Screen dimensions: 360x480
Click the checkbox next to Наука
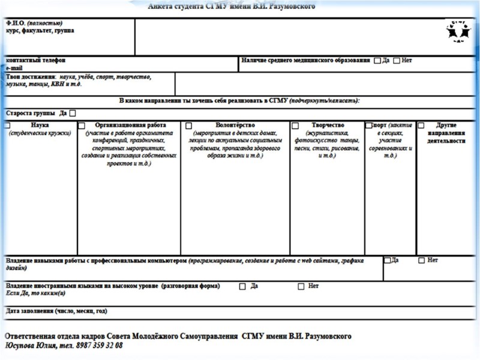point(7,125)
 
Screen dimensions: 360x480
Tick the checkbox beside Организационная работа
point(82,125)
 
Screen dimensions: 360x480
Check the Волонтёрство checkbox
point(188,125)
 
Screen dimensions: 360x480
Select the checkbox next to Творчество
point(295,125)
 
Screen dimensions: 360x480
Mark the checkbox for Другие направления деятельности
point(421,125)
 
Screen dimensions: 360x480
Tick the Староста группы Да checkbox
point(73,113)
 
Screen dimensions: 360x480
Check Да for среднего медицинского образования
point(377,61)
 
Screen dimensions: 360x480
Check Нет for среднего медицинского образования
point(397,61)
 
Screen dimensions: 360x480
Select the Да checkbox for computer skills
point(387,260)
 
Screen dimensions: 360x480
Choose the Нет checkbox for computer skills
point(421,260)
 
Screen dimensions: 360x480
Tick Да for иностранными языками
point(242,286)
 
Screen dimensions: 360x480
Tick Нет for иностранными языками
point(301,286)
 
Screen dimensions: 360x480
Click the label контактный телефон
point(35,61)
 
